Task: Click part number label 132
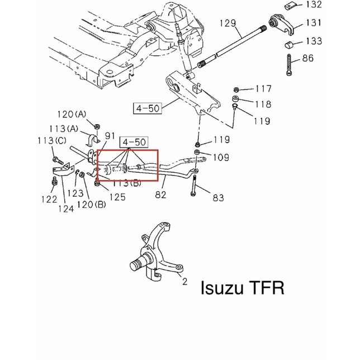[x=314, y=4]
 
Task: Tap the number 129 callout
[x=228, y=23]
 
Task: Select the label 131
[x=314, y=23]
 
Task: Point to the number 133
[x=314, y=41]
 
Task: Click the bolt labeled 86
[x=289, y=65]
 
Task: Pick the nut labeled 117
[x=236, y=89]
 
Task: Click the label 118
[x=263, y=104]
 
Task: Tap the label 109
[x=221, y=158]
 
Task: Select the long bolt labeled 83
[x=193, y=186]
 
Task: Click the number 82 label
[x=160, y=195]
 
